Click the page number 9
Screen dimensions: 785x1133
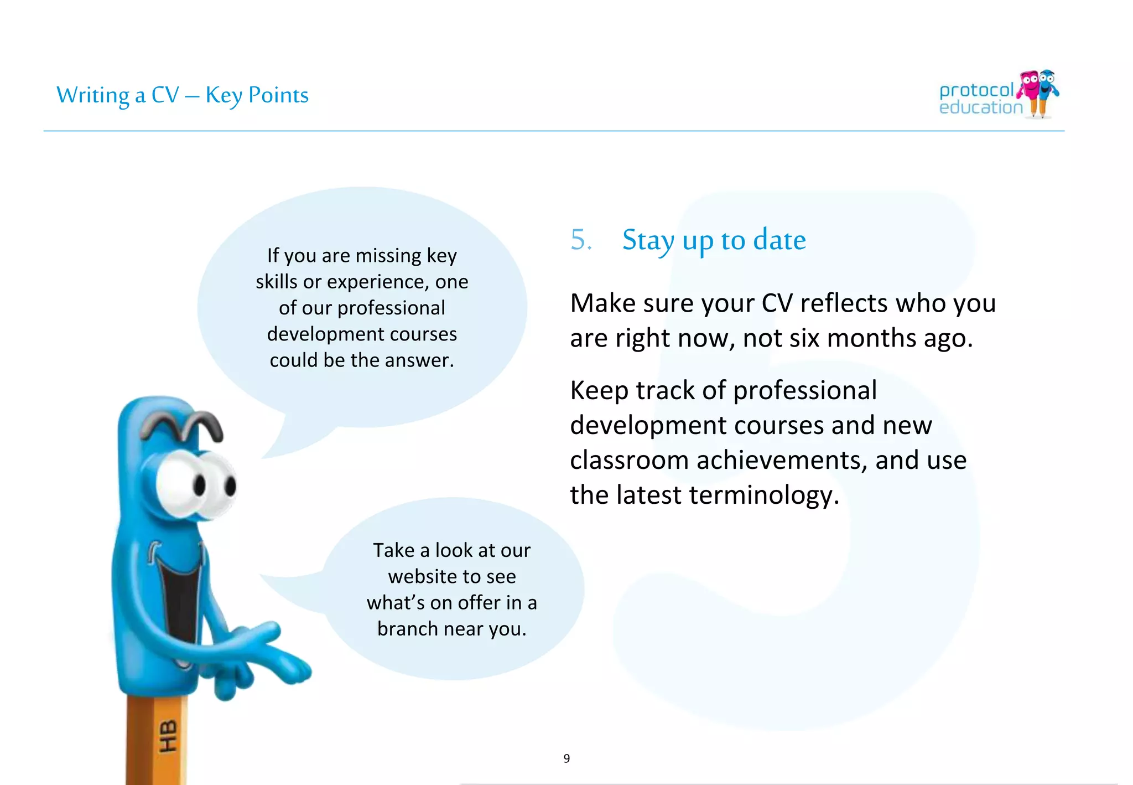566,758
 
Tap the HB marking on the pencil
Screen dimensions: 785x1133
168,737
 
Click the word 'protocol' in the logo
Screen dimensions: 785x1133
976,90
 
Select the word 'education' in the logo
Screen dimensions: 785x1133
981,107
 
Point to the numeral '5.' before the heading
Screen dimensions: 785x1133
581,240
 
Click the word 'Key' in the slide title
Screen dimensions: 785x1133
224,95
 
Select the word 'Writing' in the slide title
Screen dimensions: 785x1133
93,95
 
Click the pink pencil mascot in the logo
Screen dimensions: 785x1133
1029,89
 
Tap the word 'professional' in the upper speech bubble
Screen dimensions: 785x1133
391,308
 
